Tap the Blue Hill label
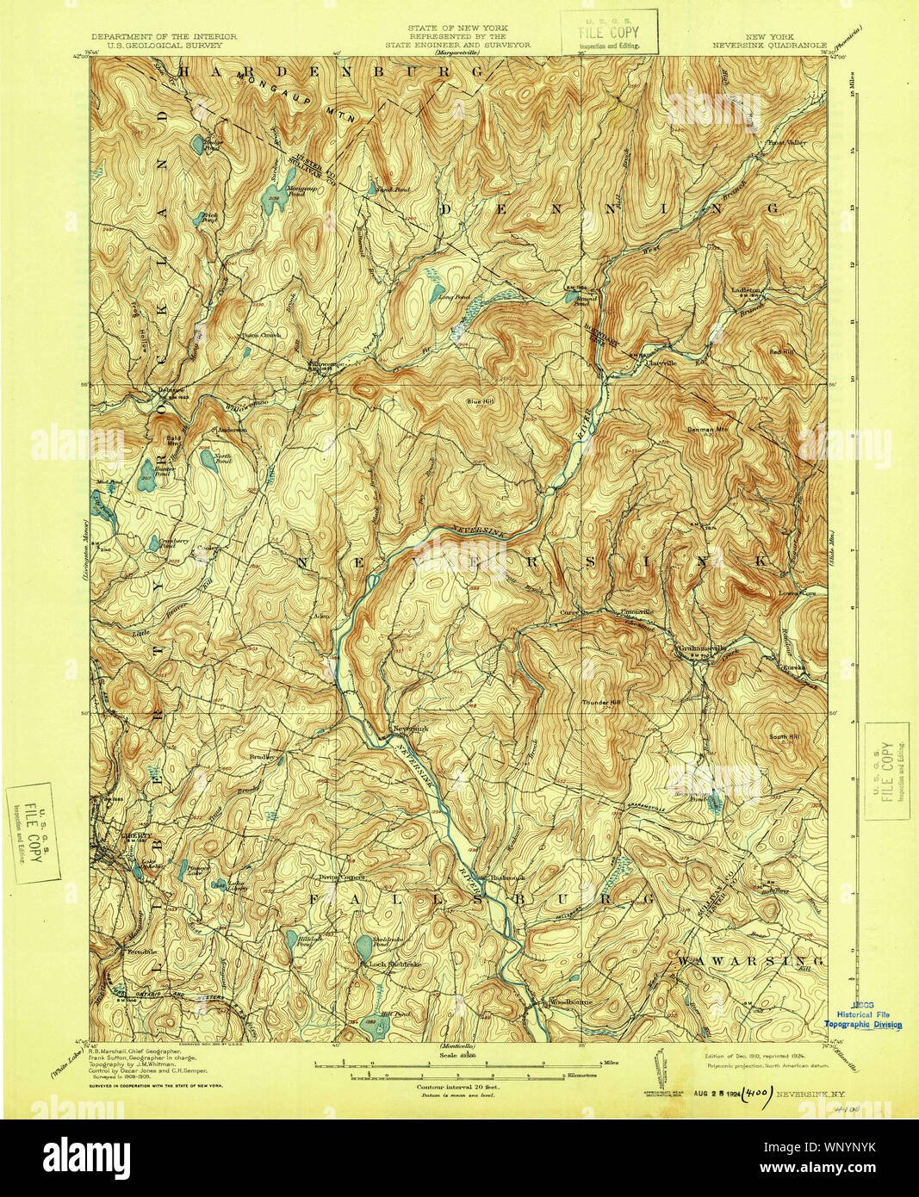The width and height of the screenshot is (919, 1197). point(481,401)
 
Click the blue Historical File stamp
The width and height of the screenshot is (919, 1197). point(863,1017)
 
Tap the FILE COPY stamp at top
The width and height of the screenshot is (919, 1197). point(609,31)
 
